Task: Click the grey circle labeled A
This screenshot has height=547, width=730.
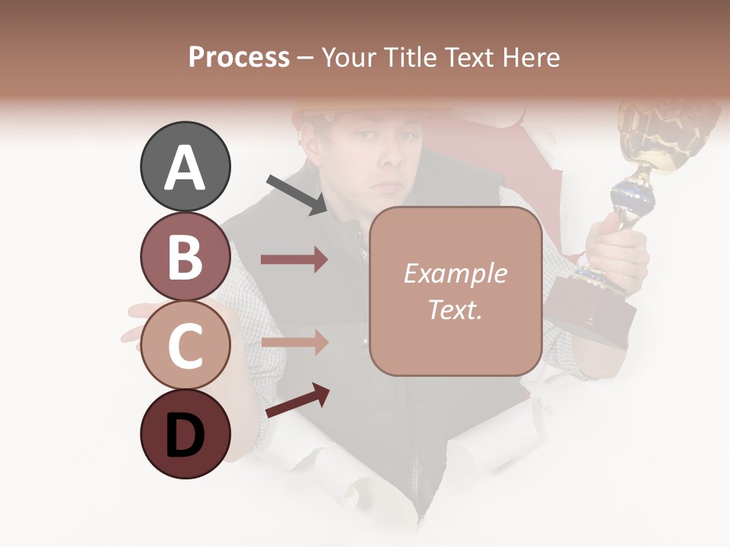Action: [x=185, y=166]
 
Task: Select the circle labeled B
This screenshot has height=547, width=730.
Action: [x=185, y=256]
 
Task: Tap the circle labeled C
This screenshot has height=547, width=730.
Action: [x=185, y=345]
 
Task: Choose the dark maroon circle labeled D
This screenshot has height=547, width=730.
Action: [x=185, y=434]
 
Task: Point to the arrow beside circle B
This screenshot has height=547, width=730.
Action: [x=294, y=260]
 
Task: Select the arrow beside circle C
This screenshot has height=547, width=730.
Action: [x=294, y=342]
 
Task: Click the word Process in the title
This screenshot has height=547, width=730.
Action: [x=239, y=57]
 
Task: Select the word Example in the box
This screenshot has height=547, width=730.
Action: [x=455, y=273]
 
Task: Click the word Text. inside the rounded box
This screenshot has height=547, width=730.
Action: [x=455, y=309]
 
